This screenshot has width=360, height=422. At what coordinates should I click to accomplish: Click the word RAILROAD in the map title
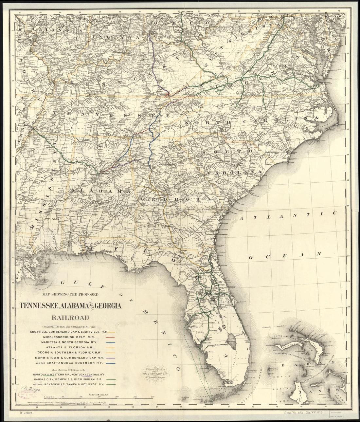pos(70,317)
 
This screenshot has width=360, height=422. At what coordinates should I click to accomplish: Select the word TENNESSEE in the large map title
pos(39,306)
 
